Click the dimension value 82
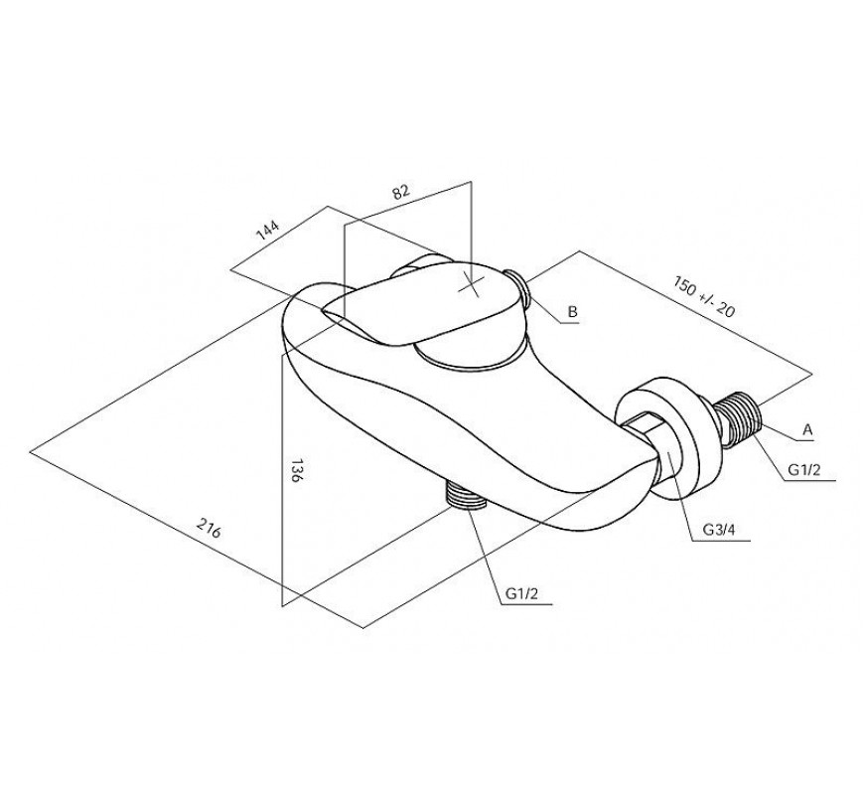click(401, 192)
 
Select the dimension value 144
click(268, 231)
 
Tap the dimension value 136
click(296, 470)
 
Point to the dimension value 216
click(209, 529)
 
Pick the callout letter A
click(807, 429)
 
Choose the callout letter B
click(572, 312)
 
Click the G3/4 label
click(719, 530)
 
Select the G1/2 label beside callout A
click(804, 469)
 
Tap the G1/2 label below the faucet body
click(520, 593)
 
